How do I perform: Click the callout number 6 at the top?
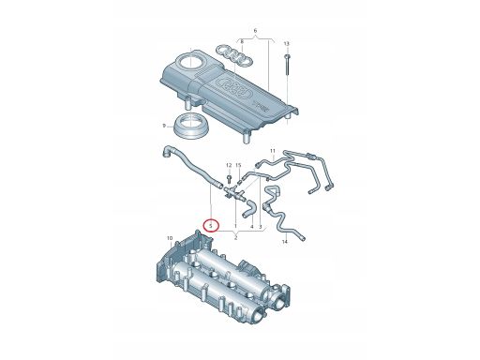point(255,31)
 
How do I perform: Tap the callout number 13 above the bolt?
point(287,44)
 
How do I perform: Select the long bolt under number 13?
point(287,66)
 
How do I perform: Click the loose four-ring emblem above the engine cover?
point(234,55)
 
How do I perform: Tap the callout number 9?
point(164,126)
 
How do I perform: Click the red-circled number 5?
point(211,225)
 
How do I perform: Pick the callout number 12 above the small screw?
point(229,165)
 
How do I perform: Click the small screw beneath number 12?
point(229,179)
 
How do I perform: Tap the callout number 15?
point(238,165)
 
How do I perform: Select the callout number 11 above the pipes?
point(273,151)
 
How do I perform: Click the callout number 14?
point(285,242)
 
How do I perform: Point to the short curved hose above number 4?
point(249,209)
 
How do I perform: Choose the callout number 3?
point(261,226)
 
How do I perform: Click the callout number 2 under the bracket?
point(236,238)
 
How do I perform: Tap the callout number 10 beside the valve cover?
point(170,238)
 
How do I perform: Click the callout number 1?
point(235,226)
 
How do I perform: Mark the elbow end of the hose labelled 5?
point(167,151)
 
